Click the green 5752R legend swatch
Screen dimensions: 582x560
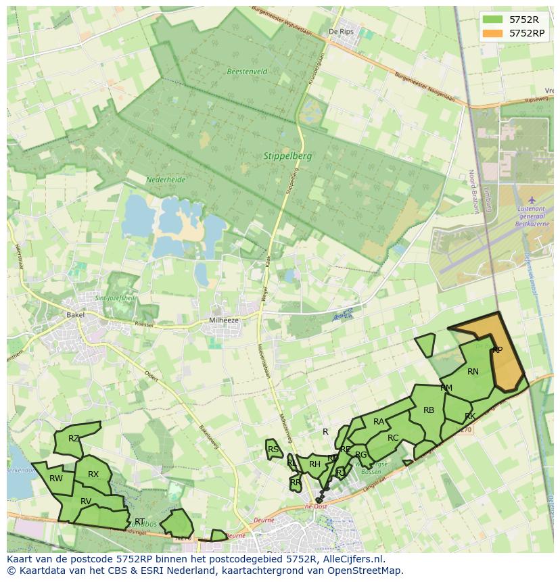tap(493, 20)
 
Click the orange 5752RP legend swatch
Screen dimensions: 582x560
tap(493, 32)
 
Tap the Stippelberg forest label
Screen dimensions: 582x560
tap(283, 155)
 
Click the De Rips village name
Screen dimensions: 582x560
tap(342, 32)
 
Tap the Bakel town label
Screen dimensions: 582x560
tap(75, 315)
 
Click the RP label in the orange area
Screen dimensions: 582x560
tap(497, 350)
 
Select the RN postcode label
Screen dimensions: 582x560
tap(473, 372)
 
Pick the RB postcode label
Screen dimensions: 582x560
tap(429, 410)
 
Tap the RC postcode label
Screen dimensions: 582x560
tap(393, 438)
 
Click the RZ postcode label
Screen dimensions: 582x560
tap(74, 439)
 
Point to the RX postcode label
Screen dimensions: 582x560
tap(93, 475)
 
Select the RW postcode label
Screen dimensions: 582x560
tap(56, 479)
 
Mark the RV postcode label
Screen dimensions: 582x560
tap(86, 502)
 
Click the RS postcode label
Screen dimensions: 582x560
tap(273, 450)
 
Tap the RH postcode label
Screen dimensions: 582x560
tap(314, 464)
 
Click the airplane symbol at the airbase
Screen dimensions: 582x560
tap(532, 200)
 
